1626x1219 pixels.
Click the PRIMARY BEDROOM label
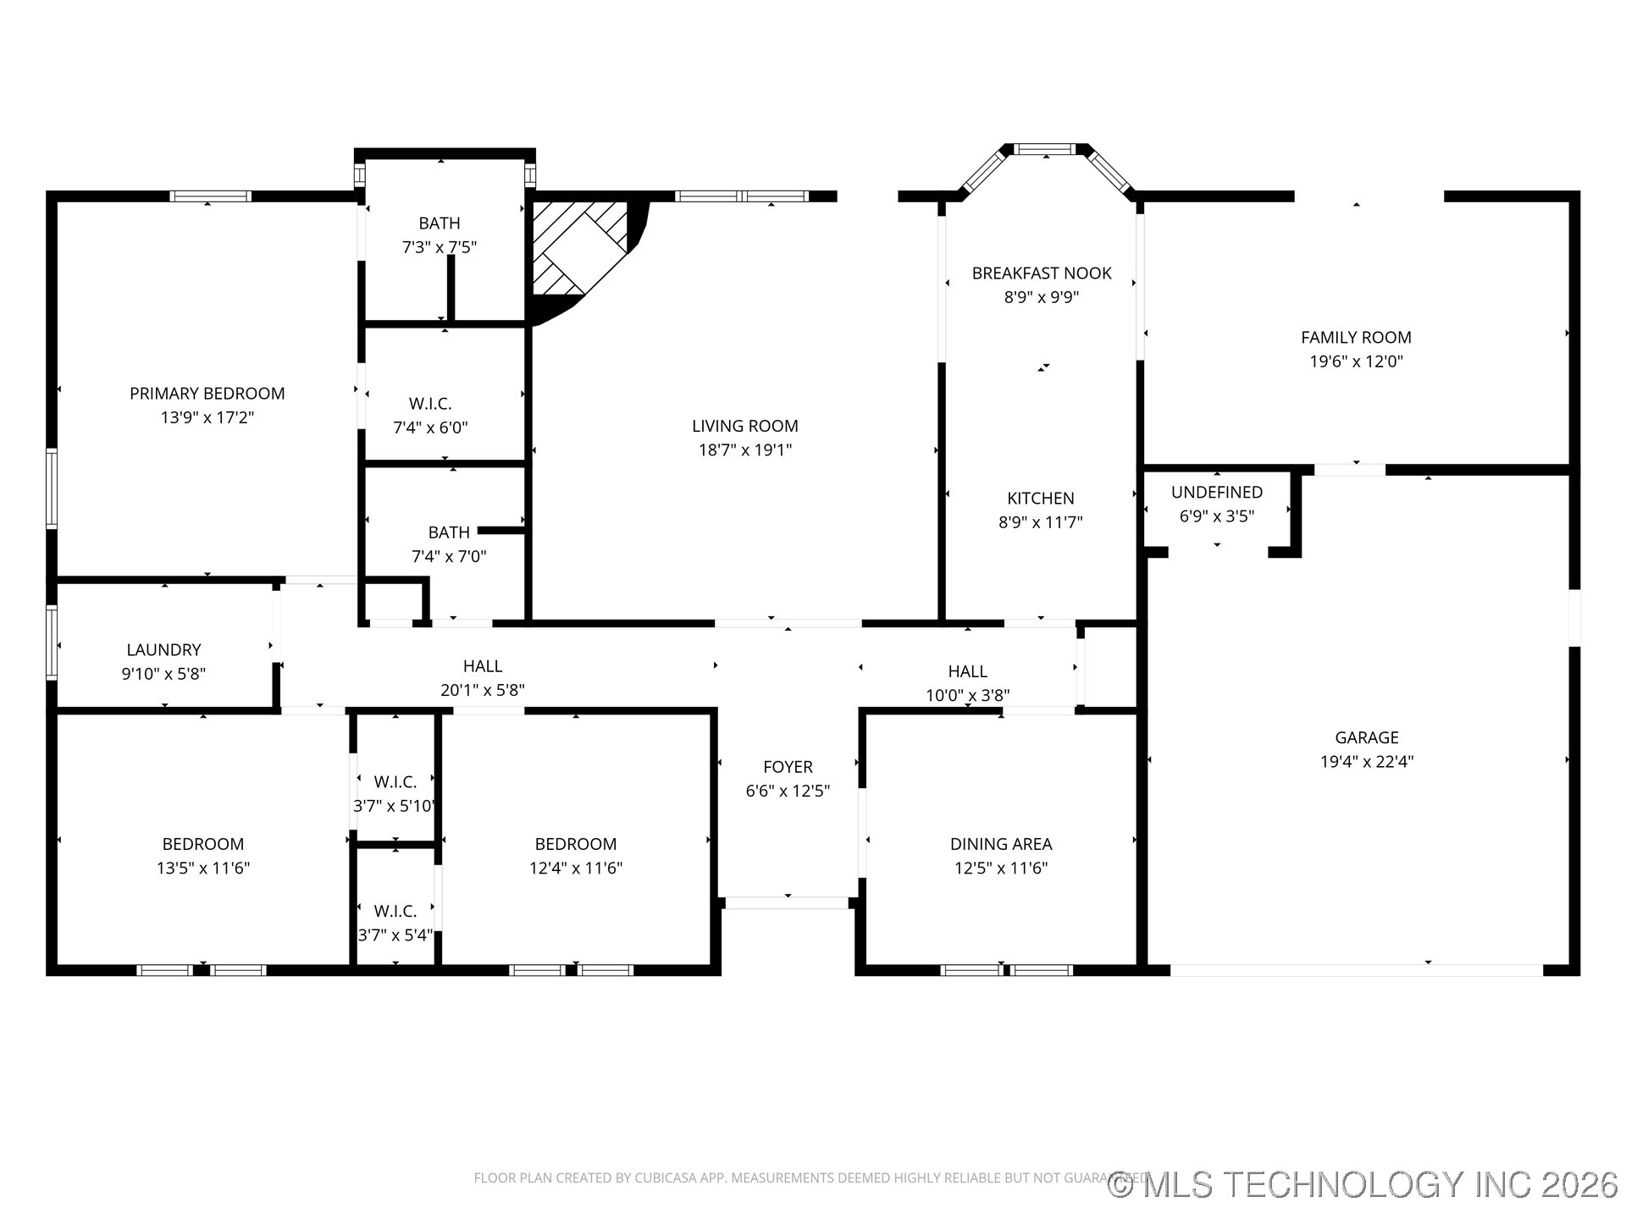pos(207,394)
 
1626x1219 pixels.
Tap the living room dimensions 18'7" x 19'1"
pos(744,450)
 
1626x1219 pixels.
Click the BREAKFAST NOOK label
pos(1041,273)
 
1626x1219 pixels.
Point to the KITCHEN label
pos(1040,499)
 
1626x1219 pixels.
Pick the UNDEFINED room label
pos(1216,493)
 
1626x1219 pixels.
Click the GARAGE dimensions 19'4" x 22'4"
pos(1366,762)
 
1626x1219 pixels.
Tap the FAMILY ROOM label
pos(1355,338)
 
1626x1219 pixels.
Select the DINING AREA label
pos(1000,844)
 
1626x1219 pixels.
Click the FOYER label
pos(787,767)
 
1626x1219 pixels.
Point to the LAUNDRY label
pos(163,650)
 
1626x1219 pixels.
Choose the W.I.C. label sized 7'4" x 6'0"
pos(430,404)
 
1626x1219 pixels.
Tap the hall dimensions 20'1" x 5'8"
pos(482,691)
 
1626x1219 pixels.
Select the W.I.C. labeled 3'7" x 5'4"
pos(395,912)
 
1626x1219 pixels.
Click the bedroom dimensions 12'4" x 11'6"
pos(575,869)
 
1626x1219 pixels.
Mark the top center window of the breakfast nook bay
pos(1045,150)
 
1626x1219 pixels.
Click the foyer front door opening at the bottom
pos(787,903)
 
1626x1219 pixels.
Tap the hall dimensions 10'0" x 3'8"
pos(967,696)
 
